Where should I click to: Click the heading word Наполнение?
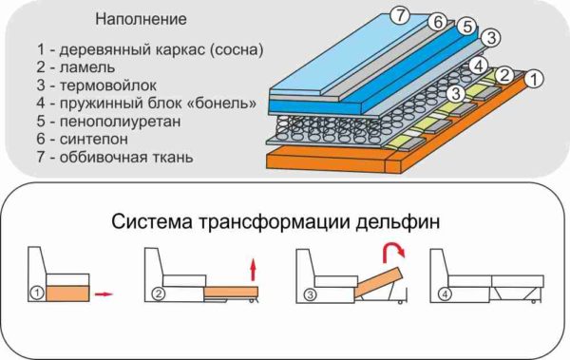point(141,19)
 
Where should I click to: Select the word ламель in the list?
point(87,67)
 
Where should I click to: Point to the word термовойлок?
point(108,85)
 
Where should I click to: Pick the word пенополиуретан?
point(120,122)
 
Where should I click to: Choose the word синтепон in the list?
point(94,140)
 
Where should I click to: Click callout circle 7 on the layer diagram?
point(400,15)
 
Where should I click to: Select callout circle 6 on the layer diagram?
point(437,22)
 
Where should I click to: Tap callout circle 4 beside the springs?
point(478,66)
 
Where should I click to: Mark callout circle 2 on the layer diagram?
point(504,75)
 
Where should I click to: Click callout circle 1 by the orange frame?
point(534,79)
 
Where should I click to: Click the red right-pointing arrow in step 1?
point(104,294)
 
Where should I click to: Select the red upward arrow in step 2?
point(254,270)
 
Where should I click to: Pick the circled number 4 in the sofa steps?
point(445,294)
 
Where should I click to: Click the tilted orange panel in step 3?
point(379,282)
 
